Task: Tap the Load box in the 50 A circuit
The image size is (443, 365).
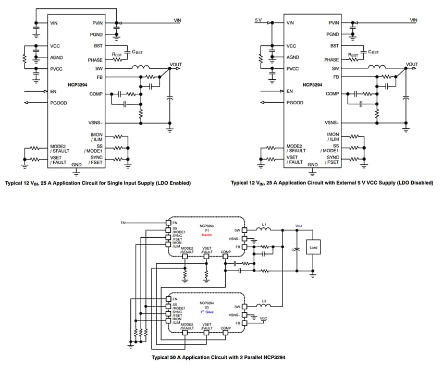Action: click(313, 247)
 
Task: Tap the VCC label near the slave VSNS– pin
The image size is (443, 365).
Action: click(263, 319)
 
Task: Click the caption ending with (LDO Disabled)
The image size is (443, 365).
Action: click(332, 183)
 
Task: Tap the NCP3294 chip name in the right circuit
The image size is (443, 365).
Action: click(313, 83)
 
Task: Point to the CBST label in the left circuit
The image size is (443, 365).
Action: click(138, 52)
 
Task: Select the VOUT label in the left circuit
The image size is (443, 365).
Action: click(176, 65)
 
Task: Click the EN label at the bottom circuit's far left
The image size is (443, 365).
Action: click(123, 223)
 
